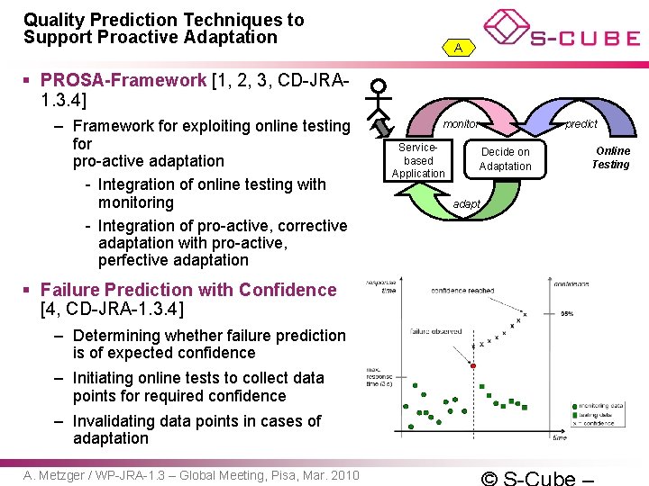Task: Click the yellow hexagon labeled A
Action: [459, 48]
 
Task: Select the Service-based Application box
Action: [418, 160]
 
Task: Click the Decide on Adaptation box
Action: [505, 159]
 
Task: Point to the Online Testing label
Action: [610, 157]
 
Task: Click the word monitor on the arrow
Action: [460, 124]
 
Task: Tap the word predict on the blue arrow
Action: [580, 124]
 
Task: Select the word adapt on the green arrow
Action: [466, 204]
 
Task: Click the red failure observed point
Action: [473, 364]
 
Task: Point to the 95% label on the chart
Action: [567, 314]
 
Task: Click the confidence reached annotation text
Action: [462, 291]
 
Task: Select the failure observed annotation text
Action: [437, 332]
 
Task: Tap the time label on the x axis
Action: [559, 438]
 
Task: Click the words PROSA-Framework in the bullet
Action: [123, 80]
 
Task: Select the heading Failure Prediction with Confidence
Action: [187, 290]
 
